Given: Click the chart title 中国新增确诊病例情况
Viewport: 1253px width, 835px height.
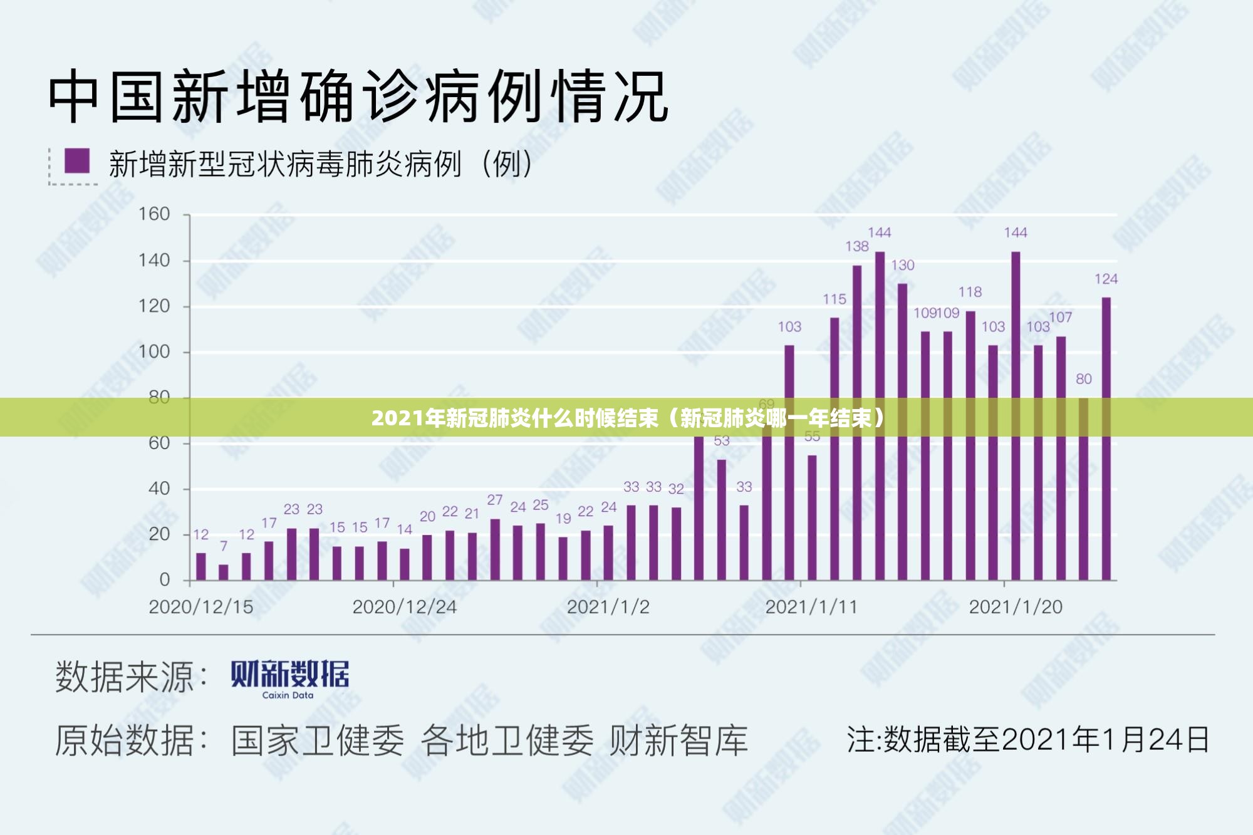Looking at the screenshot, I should pyautogui.click(x=358, y=97).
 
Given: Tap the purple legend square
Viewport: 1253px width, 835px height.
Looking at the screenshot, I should pyautogui.click(x=77, y=161).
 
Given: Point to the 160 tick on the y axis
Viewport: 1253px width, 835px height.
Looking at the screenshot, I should pyautogui.click(x=154, y=214).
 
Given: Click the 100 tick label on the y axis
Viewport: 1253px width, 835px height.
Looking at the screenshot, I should pyautogui.click(x=154, y=351).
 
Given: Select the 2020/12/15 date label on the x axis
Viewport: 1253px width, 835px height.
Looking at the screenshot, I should pyautogui.click(x=200, y=607).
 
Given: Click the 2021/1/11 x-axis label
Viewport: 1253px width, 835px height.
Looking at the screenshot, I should pyautogui.click(x=811, y=607).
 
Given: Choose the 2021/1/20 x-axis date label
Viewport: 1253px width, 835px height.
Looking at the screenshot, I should pyautogui.click(x=1015, y=607).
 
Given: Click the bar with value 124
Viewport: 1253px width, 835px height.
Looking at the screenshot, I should pyautogui.click(x=1106, y=438).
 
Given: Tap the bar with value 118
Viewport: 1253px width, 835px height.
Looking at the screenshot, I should pyautogui.click(x=970, y=445).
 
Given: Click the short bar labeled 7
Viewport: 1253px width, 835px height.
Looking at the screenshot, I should pyautogui.click(x=224, y=572).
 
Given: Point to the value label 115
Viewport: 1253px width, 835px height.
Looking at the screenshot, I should pyautogui.click(x=834, y=299).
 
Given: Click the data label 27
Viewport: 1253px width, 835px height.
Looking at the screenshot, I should pyautogui.click(x=495, y=500).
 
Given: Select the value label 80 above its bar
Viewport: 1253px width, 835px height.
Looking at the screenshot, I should pyautogui.click(x=1083, y=379).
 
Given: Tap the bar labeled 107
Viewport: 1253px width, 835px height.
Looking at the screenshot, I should pyautogui.click(x=1061, y=457).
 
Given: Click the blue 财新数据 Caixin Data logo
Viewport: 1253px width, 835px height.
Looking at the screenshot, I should pyautogui.click(x=289, y=678).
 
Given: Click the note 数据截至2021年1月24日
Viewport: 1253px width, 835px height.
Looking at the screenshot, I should pyautogui.click(x=1027, y=740).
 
